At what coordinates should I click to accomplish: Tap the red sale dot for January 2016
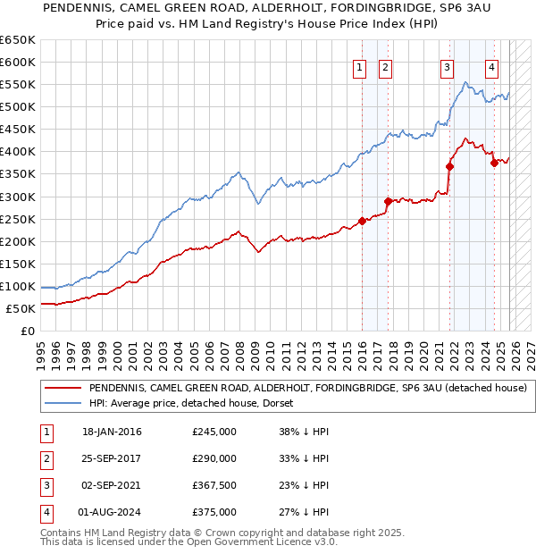point(362,221)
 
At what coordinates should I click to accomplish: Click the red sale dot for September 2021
point(449,165)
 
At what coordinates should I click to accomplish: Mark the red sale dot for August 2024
point(494,163)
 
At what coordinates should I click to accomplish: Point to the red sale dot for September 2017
point(388,201)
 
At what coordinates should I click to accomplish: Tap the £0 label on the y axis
point(28,331)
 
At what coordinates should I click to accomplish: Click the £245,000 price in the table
point(214,432)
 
